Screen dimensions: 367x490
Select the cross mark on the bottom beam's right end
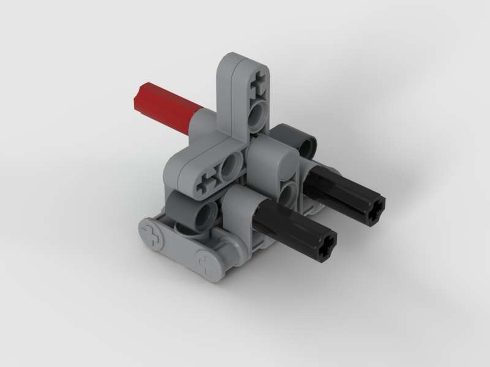tap(206, 264)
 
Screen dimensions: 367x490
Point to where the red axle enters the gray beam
tap(194, 120)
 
